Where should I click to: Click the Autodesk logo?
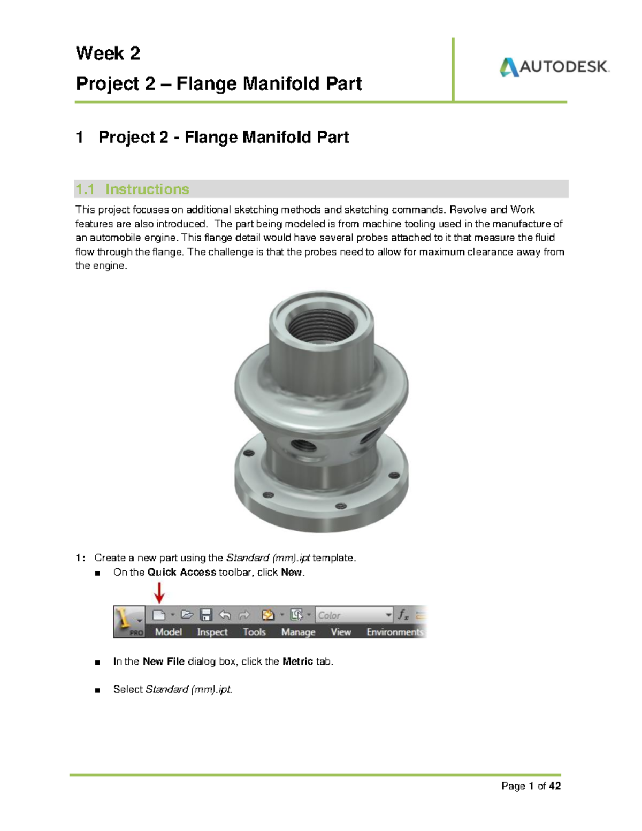pyautogui.click(x=554, y=67)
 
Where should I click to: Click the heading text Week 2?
pyautogui.click(x=108, y=54)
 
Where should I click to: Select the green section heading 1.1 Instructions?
pyautogui.click(x=132, y=189)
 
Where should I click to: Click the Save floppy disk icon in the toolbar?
pyautogui.click(x=206, y=615)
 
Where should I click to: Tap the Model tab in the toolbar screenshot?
pyautogui.click(x=168, y=632)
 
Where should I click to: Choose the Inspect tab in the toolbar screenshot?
pyautogui.click(x=212, y=632)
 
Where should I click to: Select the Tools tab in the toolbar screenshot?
pyautogui.click(x=254, y=632)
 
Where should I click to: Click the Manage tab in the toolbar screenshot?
pyautogui.click(x=298, y=632)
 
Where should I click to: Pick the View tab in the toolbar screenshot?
pyautogui.click(x=341, y=632)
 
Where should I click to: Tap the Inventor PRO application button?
pyautogui.click(x=128, y=621)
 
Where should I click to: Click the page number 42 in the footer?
pyautogui.click(x=555, y=786)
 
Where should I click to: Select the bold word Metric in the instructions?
pyautogui.click(x=297, y=661)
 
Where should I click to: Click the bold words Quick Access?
pyautogui.click(x=181, y=572)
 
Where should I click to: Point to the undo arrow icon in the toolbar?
pyautogui.click(x=225, y=615)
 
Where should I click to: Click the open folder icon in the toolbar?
pyautogui.click(x=187, y=615)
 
